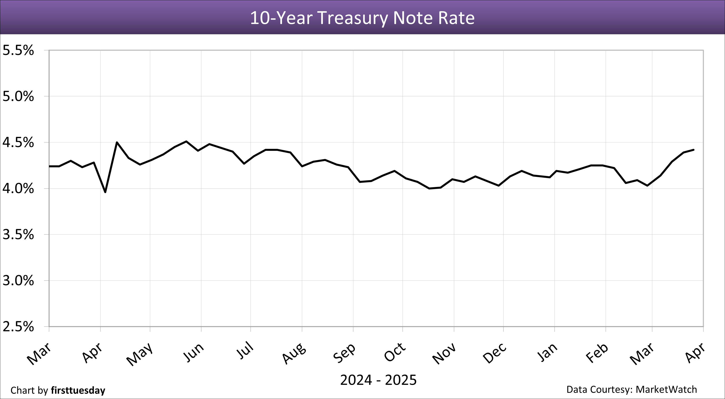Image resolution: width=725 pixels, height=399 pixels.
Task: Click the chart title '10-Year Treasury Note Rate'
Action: point(362,18)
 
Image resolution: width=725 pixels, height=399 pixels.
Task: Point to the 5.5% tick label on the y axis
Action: point(18,51)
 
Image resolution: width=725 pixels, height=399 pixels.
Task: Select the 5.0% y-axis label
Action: point(18,97)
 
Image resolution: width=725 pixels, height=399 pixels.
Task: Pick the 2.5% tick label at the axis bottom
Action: point(18,327)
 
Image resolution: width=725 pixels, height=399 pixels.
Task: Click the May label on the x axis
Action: point(140,354)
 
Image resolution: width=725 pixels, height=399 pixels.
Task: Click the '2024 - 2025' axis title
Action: point(378,380)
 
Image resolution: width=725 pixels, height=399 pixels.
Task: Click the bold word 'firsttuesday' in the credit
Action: point(78,390)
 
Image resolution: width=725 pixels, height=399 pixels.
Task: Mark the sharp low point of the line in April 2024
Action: point(105,192)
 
